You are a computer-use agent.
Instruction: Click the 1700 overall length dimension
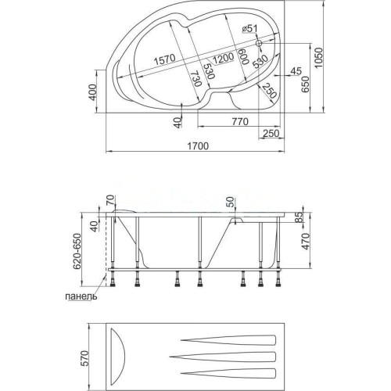point(198,146)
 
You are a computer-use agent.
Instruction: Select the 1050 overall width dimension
point(318,58)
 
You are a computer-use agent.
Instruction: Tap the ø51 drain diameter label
point(249,29)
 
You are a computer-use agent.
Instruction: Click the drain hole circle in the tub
point(259,43)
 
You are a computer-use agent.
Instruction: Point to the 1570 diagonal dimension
point(164,60)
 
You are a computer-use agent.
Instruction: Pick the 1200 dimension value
point(223,58)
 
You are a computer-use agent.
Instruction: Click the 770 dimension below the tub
point(240,121)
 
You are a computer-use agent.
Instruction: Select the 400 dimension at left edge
point(92,92)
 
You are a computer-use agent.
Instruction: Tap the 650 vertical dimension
point(305,84)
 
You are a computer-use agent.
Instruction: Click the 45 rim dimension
point(296,71)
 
